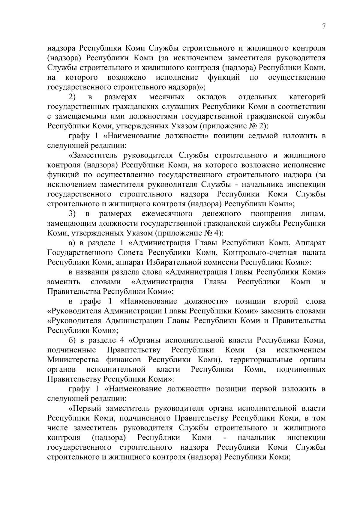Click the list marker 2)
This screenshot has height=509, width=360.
click(x=72, y=97)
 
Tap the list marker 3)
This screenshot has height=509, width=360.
click(x=72, y=214)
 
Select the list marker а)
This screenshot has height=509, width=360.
click(x=72, y=243)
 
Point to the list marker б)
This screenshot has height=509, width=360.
click(x=72, y=340)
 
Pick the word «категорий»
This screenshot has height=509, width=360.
click(x=307, y=97)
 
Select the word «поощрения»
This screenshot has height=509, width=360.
click(x=271, y=214)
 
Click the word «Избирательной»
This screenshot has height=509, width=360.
click(x=173, y=262)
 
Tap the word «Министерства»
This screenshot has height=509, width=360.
click(x=73, y=360)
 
